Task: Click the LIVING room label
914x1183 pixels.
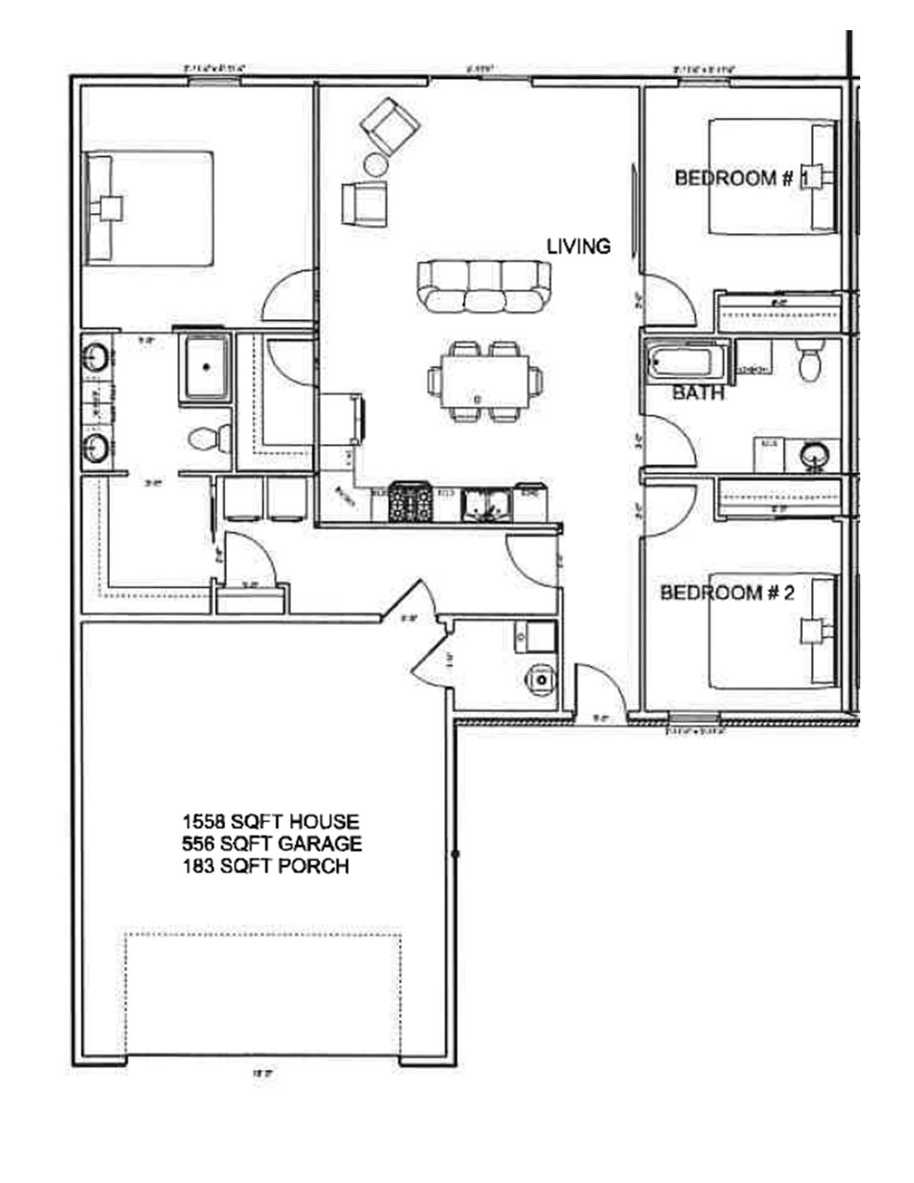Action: tap(579, 247)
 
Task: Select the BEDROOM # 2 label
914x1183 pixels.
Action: tap(727, 593)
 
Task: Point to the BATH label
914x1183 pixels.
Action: tap(698, 393)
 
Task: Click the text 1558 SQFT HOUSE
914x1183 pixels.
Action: tap(270, 822)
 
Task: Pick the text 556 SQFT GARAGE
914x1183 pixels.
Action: tap(272, 844)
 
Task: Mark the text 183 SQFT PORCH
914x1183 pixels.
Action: tap(266, 866)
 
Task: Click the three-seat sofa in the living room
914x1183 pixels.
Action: tap(485, 285)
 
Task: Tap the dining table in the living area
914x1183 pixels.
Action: tap(485, 381)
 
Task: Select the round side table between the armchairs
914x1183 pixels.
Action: tap(376, 165)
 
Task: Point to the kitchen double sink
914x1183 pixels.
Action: tap(487, 503)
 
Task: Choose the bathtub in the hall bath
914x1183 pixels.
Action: tap(686, 362)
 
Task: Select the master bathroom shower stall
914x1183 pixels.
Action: tap(206, 367)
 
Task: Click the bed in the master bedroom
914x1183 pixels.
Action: tap(150, 208)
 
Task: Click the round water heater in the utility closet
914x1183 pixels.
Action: tap(541, 678)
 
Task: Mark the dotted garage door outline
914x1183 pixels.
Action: tap(262, 935)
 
